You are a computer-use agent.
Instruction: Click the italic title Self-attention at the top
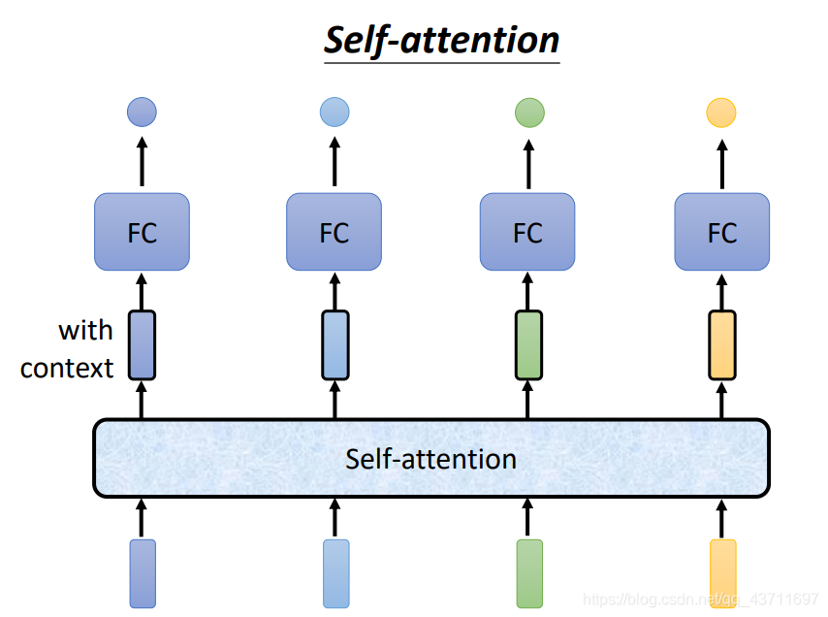coord(441,40)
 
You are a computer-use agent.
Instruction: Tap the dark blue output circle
coord(143,112)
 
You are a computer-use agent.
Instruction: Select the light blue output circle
coord(334,112)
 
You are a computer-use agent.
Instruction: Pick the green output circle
coord(529,113)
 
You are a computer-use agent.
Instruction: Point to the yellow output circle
coord(721,113)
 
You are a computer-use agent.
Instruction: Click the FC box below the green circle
coord(527,232)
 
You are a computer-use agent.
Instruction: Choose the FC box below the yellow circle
coord(722,232)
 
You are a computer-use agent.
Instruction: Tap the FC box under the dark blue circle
coord(143,232)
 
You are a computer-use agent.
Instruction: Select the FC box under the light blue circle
coord(334,232)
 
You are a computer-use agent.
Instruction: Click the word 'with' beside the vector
coord(85,331)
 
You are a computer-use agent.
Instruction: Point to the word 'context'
coord(67,369)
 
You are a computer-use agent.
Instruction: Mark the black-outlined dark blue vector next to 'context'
coord(143,345)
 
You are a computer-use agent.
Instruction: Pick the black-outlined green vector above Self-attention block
coord(528,345)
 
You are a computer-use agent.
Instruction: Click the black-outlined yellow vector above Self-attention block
coord(722,345)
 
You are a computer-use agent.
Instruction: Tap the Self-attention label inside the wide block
coord(430,459)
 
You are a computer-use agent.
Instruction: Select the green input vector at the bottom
coord(529,573)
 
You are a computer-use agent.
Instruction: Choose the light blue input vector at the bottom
coord(336,573)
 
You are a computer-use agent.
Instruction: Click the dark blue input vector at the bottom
coord(143,573)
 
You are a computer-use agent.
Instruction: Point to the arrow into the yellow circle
coord(722,164)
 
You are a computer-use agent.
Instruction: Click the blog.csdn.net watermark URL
coord(700,599)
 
